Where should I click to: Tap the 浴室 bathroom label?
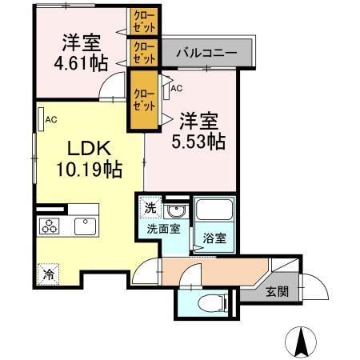(x=212, y=238)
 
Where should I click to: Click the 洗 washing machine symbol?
(x=150, y=208)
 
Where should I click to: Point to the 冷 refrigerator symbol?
(x=48, y=272)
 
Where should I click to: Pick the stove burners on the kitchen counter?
(x=50, y=226)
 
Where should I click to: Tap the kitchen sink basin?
(x=84, y=226)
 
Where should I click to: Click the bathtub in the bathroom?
(x=214, y=212)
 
